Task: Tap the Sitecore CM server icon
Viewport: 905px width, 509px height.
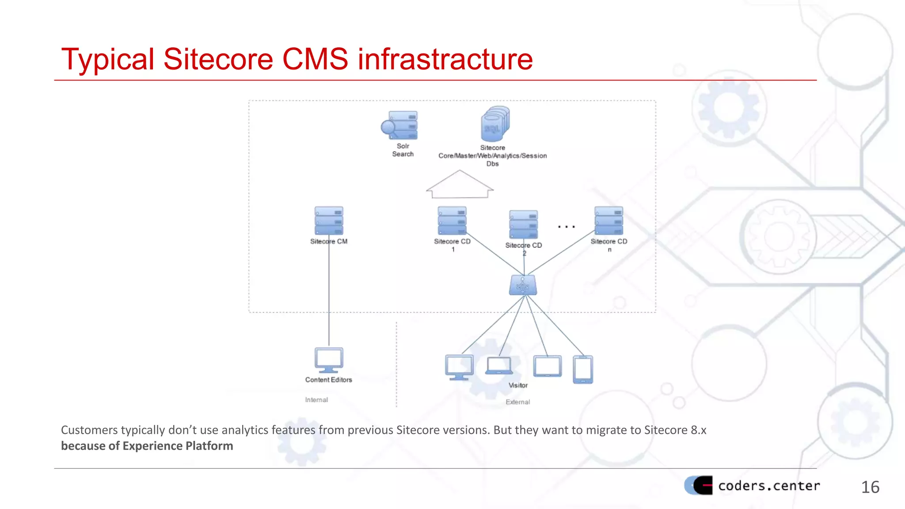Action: (x=329, y=220)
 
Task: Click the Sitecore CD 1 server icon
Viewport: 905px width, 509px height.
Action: (x=452, y=220)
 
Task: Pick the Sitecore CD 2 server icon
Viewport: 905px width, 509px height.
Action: (x=524, y=224)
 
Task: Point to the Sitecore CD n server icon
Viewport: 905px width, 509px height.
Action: (x=608, y=220)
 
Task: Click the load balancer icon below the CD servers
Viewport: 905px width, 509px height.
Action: (x=523, y=285)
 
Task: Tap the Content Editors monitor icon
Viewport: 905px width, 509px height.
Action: (x=329, y=360)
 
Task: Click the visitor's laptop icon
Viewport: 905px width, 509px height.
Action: (x=499, y=366)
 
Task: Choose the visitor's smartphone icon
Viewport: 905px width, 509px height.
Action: (x=583, y=369)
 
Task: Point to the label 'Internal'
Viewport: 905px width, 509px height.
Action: (x=316, y=400)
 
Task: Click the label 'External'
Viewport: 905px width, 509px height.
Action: (x=517, y=402)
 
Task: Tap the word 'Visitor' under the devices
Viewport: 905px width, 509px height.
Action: (x=518, y=385)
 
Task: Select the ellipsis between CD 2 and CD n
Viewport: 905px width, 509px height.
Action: (x=566, y=227)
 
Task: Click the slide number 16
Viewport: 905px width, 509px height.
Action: (x=870, y=487)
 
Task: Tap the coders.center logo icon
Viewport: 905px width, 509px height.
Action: (x=699, y=485)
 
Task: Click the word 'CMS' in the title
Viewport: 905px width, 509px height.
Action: (x=315, y=59)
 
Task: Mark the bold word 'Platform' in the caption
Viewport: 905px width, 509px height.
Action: (x=209, y=446)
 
